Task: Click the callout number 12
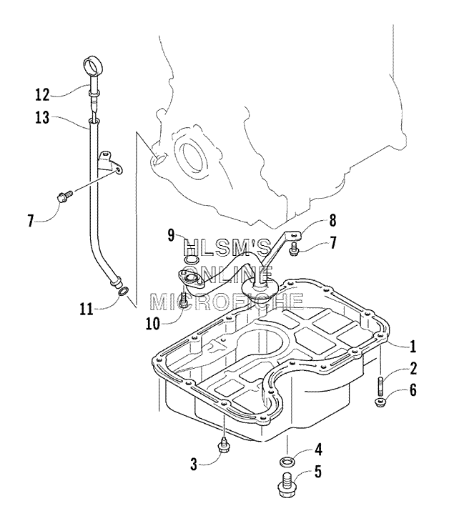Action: (x=42, y=95)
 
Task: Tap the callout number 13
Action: (x=42, y=117)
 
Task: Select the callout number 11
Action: (x=87, y=309)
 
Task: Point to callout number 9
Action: (x=171, y=235)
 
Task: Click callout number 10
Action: (x=153, y=323)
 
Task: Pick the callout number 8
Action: (x=332, y=221)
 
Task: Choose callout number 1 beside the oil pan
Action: (x=413, y=346)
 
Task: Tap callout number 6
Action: (x=413, y=389)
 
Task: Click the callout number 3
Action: (x=194, y=465)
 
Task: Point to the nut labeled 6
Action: (x=379, y=402)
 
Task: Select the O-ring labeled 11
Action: (x=124, y=292)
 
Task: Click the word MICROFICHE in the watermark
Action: (x=227, y=302)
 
